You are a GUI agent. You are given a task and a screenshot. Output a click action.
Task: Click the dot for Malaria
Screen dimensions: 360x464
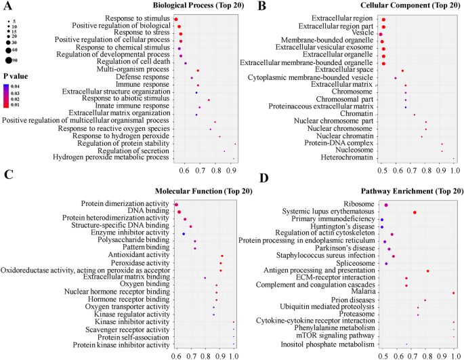(x=453, y=293)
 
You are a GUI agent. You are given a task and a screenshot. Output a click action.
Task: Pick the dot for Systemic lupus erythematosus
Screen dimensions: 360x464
(x=415, y=212)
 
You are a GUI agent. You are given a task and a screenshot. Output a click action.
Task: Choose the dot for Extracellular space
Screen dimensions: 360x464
(x=402, y=71)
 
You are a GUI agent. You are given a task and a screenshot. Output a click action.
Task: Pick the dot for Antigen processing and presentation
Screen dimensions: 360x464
(x=428, y=271)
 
